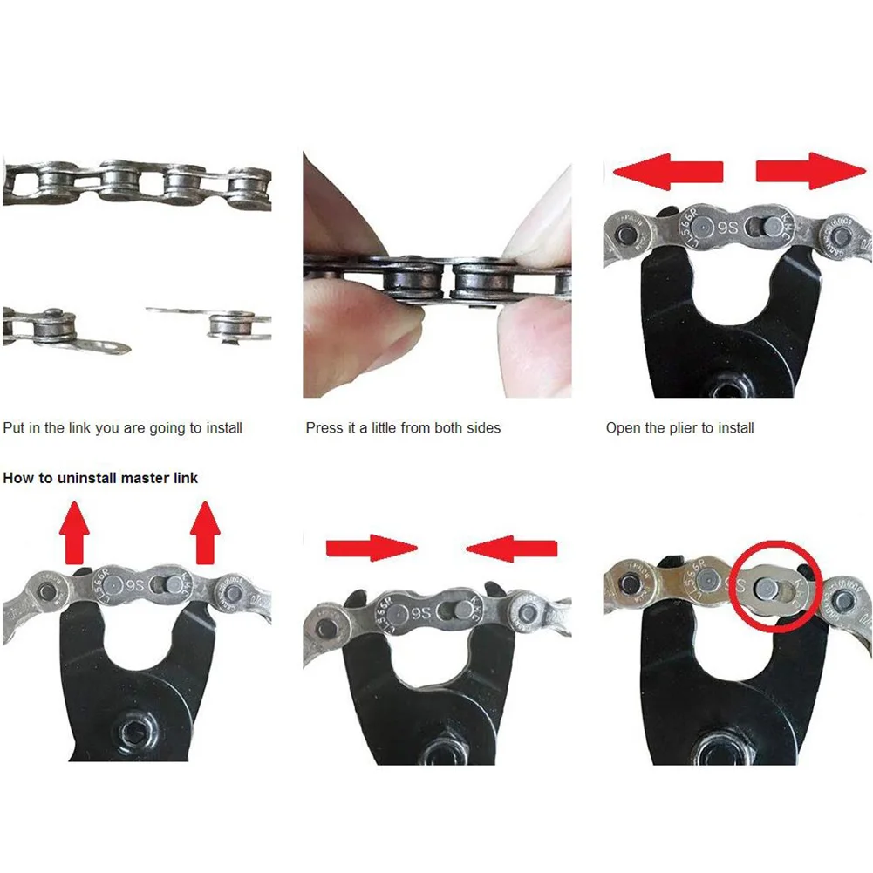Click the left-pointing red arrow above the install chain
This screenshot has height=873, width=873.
tap(667, 171)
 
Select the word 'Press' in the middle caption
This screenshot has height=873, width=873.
tap(324, 428)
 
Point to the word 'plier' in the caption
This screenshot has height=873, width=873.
tap(682, 428)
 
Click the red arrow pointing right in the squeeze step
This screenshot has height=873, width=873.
tap(372, 548)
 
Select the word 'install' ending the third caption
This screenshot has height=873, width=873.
tap(736, 428)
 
